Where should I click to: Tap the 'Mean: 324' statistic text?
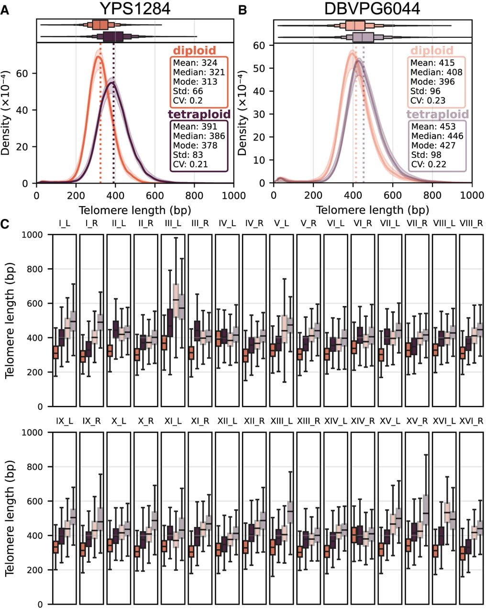click(195, 63)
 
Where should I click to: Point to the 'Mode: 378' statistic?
click(195, 145)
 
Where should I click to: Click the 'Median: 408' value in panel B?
click(436, 72)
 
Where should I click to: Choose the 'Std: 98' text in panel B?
click(426, 155)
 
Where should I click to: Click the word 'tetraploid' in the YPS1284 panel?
click(199, 114)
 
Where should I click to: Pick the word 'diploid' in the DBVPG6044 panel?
click(432, 50)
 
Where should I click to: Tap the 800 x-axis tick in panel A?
click(194, 196)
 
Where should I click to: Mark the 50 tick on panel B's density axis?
click(259, 68)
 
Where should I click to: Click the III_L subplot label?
click(173, 223)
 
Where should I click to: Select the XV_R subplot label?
click(417, 421)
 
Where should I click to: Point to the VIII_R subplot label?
click(471, 223)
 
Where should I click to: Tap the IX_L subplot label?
click(65, 421)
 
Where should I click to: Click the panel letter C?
click(5, 224)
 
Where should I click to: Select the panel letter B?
click(242, 11)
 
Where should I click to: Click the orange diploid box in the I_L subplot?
click(55, 352)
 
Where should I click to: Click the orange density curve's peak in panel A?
click(98, 56)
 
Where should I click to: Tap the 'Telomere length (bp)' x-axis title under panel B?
click(372, 210)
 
